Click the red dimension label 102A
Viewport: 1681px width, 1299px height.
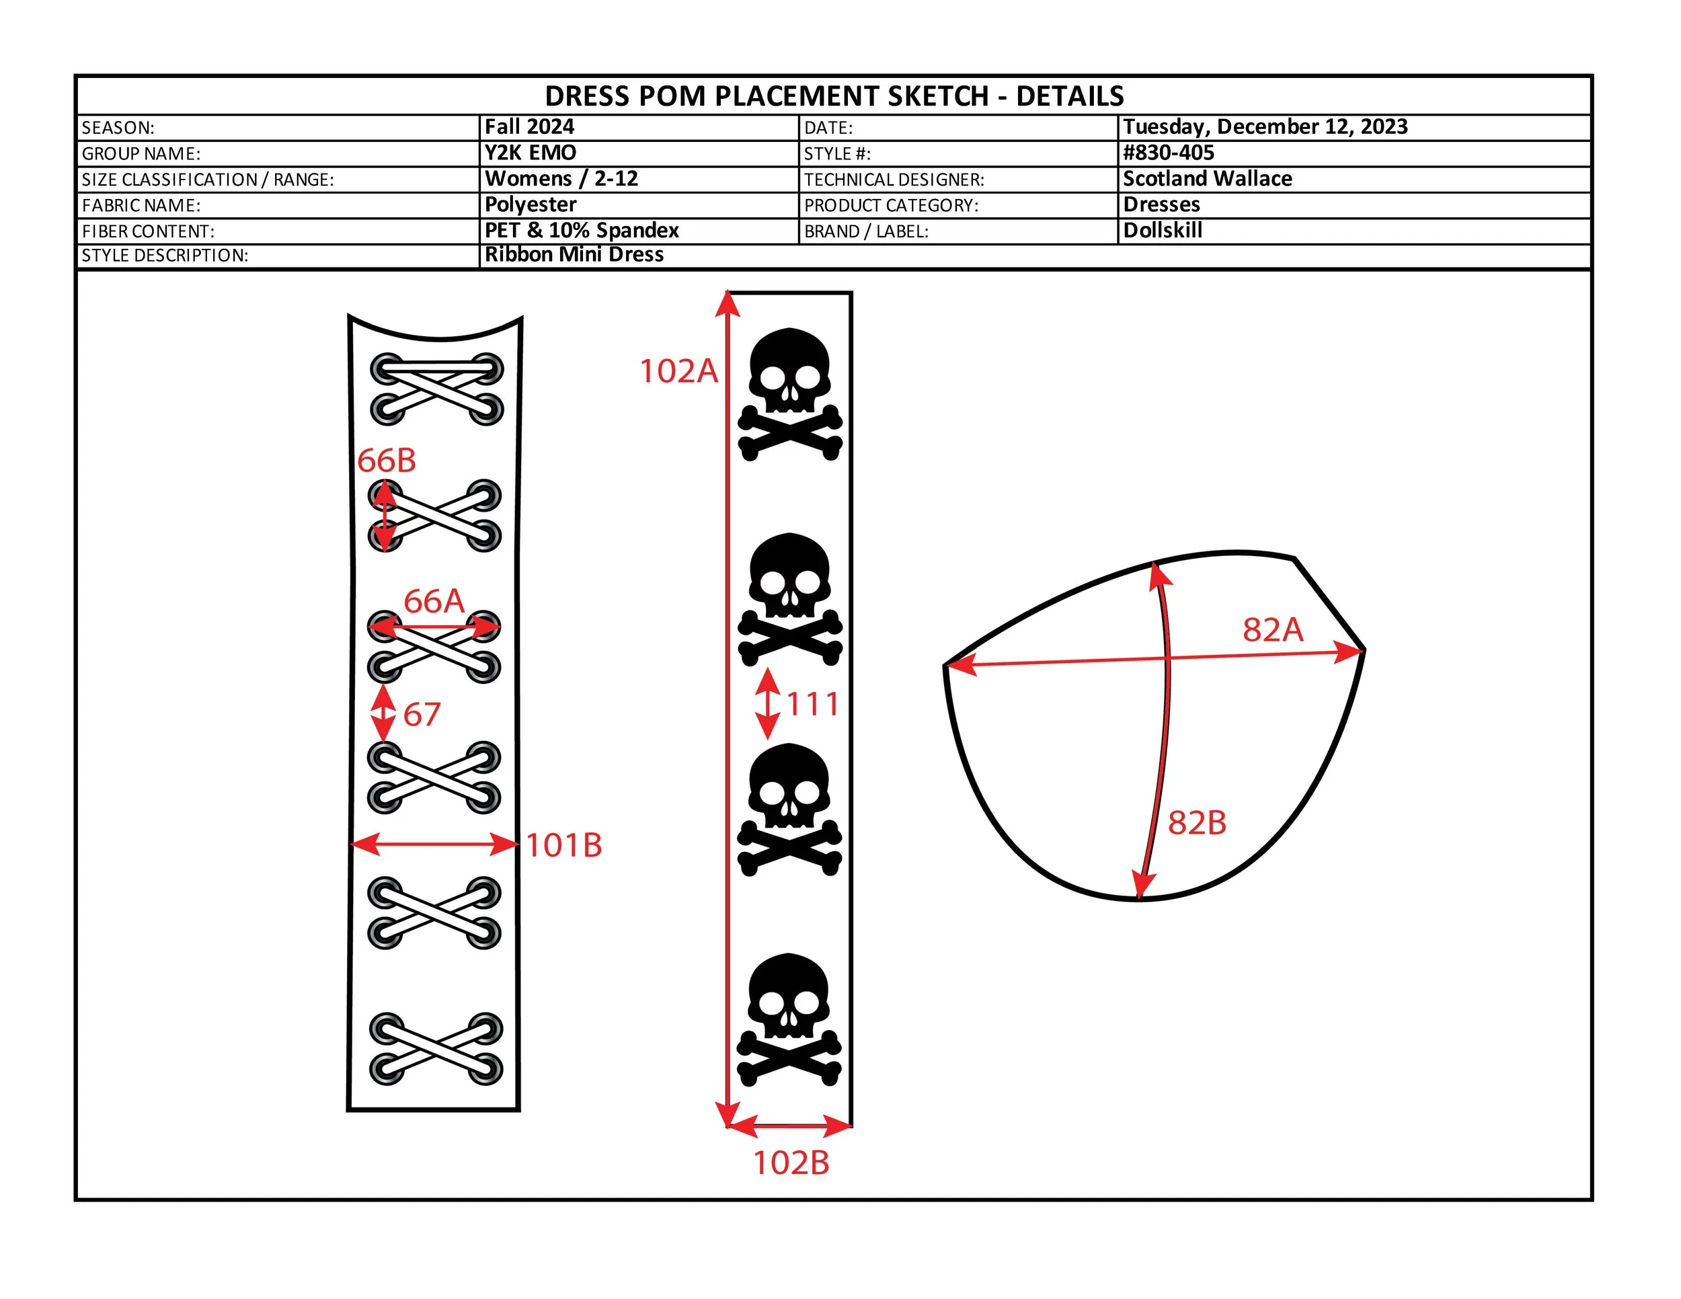pyautogui.click(x=679, y=371)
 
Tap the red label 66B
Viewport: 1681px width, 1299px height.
pyautogui.click(x=387, y=461)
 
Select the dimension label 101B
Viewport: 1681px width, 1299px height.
pyautogui.click(x=564, y=845)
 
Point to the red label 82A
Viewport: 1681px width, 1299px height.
pyautogui.click(x=1273, y=629)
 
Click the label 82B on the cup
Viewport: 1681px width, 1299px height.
pyautogui.click(x=1197, y=823)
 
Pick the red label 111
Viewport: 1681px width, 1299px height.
pyautogui.click(x=813, y=704)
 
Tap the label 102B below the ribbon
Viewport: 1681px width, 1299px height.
pyautogui.click(x=791, y=1163)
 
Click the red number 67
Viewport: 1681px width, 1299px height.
pyautogui.click(x=422, y=715)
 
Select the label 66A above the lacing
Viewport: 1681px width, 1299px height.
pyautogui.click(x=434, y=601)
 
